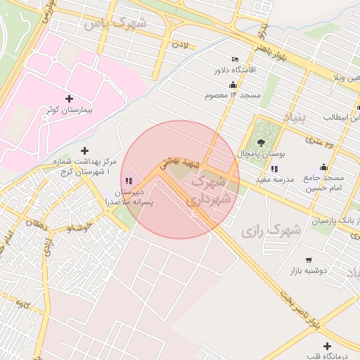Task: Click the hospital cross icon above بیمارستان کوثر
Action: click(x=68, y=98)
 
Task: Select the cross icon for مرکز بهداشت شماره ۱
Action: click(x=85, y=150)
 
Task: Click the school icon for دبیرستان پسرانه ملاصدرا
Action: click(x=129, y=181)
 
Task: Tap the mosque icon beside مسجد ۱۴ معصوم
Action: click(x=233, y=84)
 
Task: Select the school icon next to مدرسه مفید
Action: click(x=274, y=169)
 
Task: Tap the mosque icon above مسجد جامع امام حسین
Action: click(x=323, y=167)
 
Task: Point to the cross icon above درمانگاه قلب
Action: click(x=328, y=346)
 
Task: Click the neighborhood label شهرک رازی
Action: click(x=271, y=229)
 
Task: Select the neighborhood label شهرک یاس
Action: click(x=115, y=24)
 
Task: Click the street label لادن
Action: click(x=181, y=45)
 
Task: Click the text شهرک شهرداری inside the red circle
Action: click(x=210, y=190)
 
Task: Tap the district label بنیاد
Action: click(x=295, y=117)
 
